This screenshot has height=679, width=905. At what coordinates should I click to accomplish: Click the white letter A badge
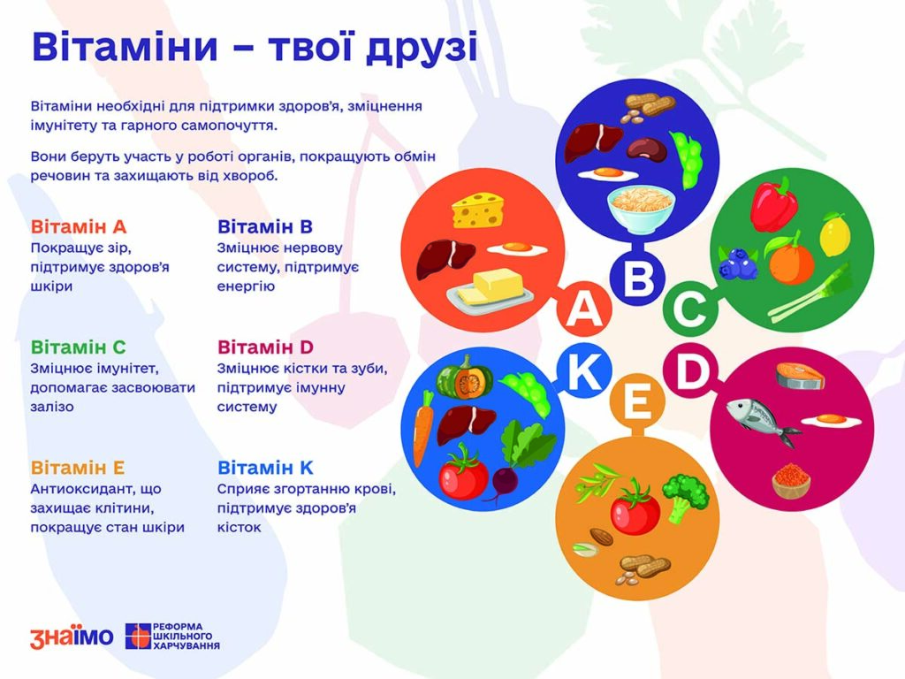click(x=584, y=309)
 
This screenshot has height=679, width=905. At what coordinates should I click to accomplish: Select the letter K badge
click(x=584, y=372)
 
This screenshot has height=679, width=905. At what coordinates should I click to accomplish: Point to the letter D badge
click(x=690, y=370)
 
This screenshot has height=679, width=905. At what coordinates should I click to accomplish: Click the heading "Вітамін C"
click(x=78, y=347)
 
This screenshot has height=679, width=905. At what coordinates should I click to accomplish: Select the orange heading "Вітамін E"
click(x=78, y=467)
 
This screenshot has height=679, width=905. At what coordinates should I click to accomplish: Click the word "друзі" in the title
click(x=422, y=48)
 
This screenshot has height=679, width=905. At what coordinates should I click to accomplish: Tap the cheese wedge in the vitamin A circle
click(x=478, y=210)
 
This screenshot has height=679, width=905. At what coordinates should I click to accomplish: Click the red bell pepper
click(x=774, y=205)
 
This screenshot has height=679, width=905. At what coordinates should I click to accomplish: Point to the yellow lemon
click(x=833, y=233)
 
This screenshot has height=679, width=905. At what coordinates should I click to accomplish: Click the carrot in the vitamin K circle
click(x=422, y=428)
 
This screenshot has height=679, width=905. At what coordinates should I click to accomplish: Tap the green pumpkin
click(x=465, y=377)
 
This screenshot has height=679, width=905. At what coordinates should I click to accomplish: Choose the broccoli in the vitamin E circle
click(x=685, y=498)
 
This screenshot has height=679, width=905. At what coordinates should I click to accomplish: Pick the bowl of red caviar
click(x=791, y=481)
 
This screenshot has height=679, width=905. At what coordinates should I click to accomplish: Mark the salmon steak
click(x=800, y=376)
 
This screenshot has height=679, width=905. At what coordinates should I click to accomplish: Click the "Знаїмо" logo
click(x=72, y=637)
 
